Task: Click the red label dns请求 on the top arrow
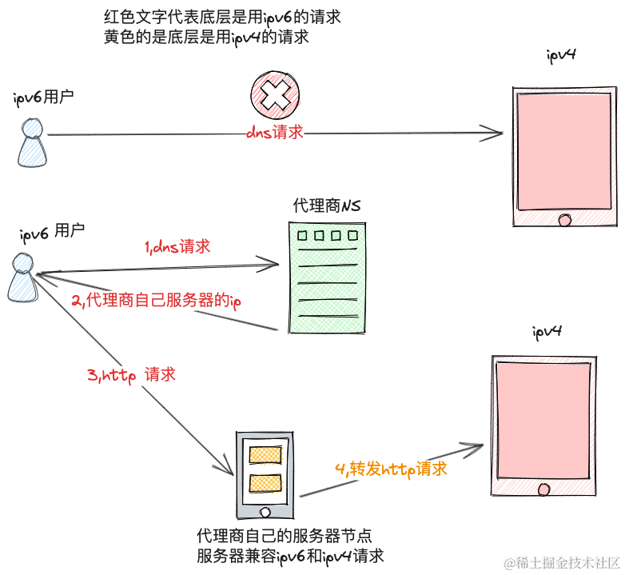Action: point(275,133)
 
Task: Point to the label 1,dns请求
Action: point(177,247)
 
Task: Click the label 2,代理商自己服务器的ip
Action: point(157,301)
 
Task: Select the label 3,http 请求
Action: point(131,374)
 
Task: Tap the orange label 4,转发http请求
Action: point(391,469)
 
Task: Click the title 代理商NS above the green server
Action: point(327,206)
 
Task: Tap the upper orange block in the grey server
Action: point(265,455)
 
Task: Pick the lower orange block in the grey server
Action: point(265,483)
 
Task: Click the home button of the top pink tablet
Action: point(566,219)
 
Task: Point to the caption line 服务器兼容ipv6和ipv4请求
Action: point(291,555)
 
